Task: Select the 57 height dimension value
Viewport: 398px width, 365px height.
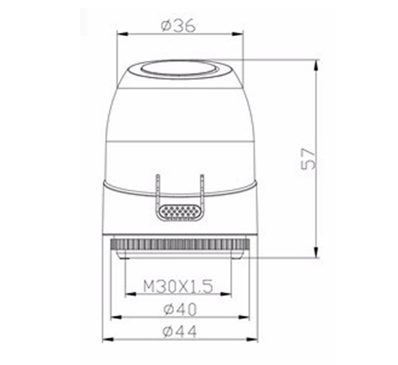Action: pos(308,159)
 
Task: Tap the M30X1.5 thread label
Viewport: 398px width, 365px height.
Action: pos(178,286)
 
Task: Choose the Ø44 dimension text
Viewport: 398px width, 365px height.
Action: pos(179,330)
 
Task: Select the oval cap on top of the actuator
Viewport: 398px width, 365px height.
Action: pos(180,68)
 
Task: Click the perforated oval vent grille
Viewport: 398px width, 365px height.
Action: pos(179,211)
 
